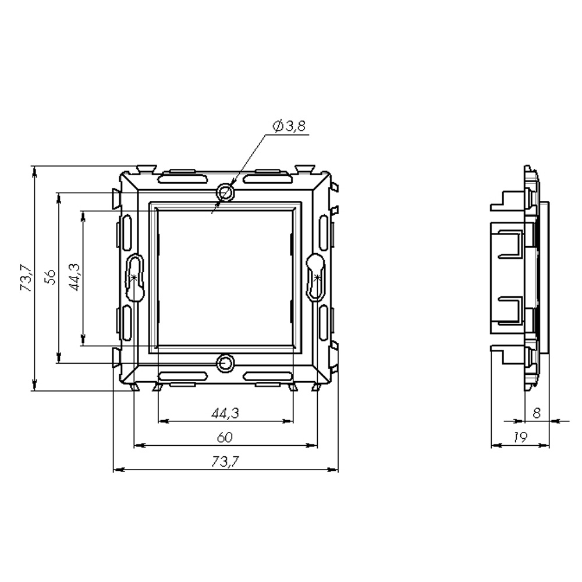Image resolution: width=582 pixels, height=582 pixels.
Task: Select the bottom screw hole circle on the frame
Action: click(225, 364)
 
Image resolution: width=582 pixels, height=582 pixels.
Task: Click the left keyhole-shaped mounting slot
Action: click(135, 278)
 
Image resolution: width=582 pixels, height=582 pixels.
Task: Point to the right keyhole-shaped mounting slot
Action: click(316, 278)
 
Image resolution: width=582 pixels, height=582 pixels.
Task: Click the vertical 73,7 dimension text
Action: click(24, 278)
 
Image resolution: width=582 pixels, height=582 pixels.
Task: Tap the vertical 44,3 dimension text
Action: click(74, 278)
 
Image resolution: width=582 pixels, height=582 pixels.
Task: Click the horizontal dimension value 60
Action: click(226, 437)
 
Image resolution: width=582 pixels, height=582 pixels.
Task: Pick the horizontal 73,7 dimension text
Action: click(226, 462)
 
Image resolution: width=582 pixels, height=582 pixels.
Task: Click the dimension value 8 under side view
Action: click(537, 413)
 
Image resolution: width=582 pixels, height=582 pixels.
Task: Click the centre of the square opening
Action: click(225, 278)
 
